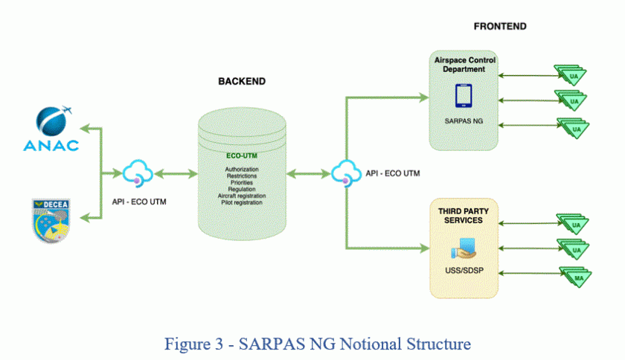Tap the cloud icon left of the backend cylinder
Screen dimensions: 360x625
[x=137, y=174]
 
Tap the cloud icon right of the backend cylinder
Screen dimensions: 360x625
[x=345, y=174]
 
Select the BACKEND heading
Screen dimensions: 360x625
[x=241, y=81]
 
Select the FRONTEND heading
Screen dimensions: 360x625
[x=500, y=26]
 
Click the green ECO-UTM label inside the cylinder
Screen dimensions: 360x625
[x=241, y=156]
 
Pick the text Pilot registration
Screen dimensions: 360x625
[x=241, y=202]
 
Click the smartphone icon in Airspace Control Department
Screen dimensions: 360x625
[x=463, y=95]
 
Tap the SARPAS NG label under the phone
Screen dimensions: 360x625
[x=463, y=120]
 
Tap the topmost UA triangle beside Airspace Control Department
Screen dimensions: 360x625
[x=574, y=74]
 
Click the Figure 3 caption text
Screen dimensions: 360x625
[x=312, y=344]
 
